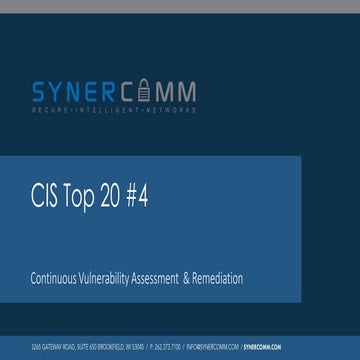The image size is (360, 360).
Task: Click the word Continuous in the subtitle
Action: point(57,279)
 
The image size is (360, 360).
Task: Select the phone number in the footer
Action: point(166,347)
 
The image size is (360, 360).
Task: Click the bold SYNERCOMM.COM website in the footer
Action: point(262,347)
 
